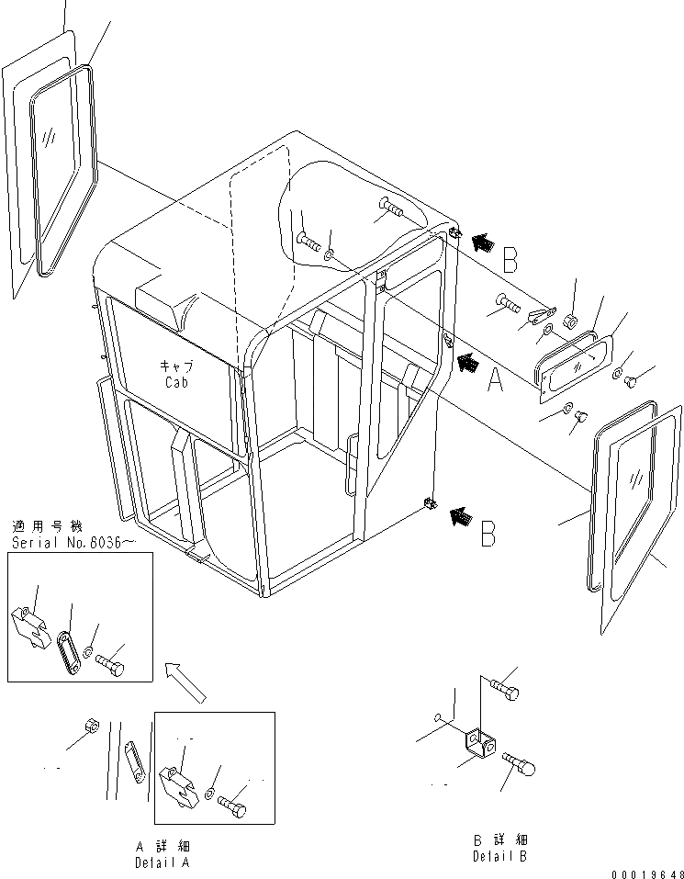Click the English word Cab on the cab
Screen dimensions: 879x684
176,382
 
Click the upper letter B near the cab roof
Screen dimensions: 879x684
510,260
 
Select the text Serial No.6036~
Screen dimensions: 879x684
73,542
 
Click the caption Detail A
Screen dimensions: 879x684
163,863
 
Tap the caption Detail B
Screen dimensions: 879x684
500,856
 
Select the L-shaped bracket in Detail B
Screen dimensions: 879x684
480,742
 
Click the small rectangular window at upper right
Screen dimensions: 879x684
576,364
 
